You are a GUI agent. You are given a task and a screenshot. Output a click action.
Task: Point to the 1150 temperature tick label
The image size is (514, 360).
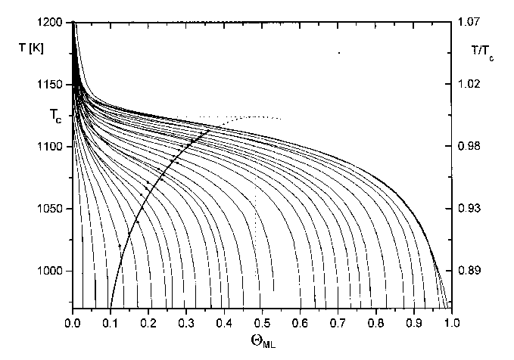(x=55, y=84)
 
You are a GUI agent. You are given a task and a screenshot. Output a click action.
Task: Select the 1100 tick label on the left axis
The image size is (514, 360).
(x=55, y=146)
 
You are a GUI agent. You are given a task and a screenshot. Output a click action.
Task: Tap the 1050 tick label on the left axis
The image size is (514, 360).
(x=55, y=209)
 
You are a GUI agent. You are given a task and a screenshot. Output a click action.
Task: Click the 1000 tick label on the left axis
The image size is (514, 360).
(x=55, y=271)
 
